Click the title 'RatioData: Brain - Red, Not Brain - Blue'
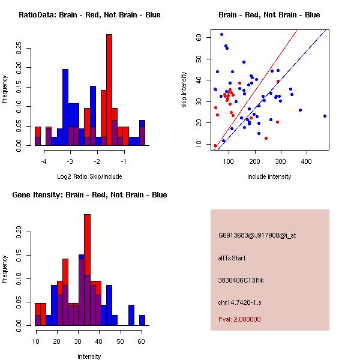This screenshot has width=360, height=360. coord(89,15)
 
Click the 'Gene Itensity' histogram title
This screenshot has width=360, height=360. coord(89,195)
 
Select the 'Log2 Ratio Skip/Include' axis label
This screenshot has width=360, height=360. coord(89,176)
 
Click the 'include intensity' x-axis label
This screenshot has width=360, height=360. coord(269,176)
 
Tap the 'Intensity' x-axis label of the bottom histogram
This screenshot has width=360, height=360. coord(89,356)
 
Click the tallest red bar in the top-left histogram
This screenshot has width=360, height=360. coord(109,90)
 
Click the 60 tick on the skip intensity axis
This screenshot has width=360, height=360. coord(198,37)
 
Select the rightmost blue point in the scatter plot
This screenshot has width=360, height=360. coord(325,116)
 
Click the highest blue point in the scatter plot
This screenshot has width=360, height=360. coord(221,34)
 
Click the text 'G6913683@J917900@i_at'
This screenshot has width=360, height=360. coord(257,235)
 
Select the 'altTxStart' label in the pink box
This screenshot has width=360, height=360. coord(232,258)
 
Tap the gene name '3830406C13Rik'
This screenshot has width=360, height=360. coord(242,280)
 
